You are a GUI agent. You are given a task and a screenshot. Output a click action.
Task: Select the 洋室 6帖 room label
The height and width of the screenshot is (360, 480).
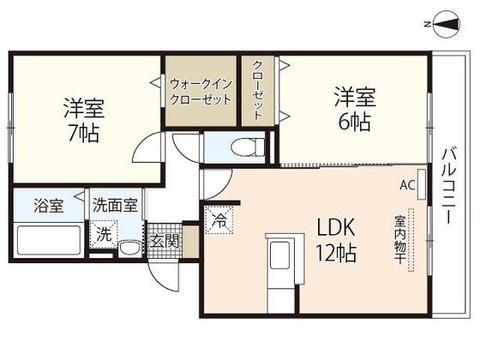(353, 109)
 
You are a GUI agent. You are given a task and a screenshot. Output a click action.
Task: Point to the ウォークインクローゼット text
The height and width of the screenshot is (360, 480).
(201, 92)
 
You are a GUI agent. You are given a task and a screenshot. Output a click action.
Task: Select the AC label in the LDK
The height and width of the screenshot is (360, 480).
(406, 184)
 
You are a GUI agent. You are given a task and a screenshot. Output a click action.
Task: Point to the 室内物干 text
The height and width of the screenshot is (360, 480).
(399, 241)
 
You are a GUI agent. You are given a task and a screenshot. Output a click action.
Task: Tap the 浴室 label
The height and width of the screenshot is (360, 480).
(47, 206)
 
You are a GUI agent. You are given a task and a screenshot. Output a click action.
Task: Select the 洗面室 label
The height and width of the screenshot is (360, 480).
(115, 206)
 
